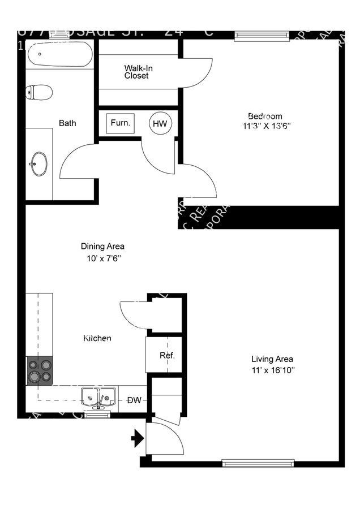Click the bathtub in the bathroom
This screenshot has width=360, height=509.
[59, 55]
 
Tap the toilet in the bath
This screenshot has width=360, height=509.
[40, 92]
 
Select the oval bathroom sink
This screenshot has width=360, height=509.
[39, 163]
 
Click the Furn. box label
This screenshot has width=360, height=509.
[120, 123]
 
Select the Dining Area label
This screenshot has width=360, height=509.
[102, 247]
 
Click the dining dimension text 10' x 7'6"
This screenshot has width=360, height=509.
[102, 258]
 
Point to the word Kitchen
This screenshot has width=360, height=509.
[97, 338]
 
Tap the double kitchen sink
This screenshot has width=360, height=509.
[98, 397]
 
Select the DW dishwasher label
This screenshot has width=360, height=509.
[134, 400]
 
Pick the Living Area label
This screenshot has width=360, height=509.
[272, 359]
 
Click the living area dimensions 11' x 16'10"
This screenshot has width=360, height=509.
[272, 370]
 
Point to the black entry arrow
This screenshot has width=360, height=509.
[137, 438]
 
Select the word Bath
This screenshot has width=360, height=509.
[67, 123]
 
